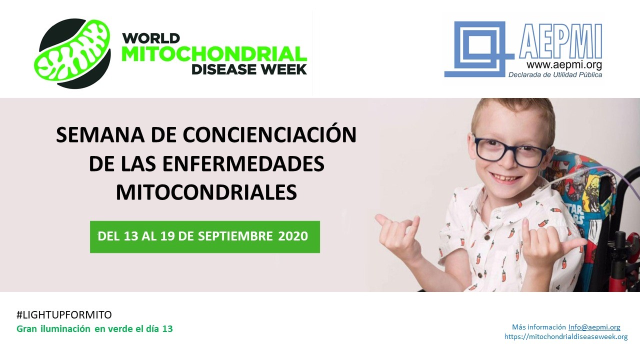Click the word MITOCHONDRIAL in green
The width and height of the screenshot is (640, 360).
214,53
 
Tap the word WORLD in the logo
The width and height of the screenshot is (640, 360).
151,38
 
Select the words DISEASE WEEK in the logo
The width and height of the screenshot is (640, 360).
249,69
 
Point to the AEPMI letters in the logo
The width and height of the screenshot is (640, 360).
560,41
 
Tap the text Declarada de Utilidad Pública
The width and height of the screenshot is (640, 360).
555,74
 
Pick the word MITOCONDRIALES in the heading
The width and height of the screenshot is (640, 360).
206,192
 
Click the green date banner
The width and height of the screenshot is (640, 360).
204,236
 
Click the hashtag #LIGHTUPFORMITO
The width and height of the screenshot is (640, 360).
64,315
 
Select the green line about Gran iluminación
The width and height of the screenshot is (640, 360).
95,329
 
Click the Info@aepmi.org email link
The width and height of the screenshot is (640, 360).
594,327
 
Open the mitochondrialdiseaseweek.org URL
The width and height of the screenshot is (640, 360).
566,336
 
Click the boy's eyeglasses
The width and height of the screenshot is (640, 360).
511,149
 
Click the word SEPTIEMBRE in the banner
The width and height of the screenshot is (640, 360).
234,236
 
